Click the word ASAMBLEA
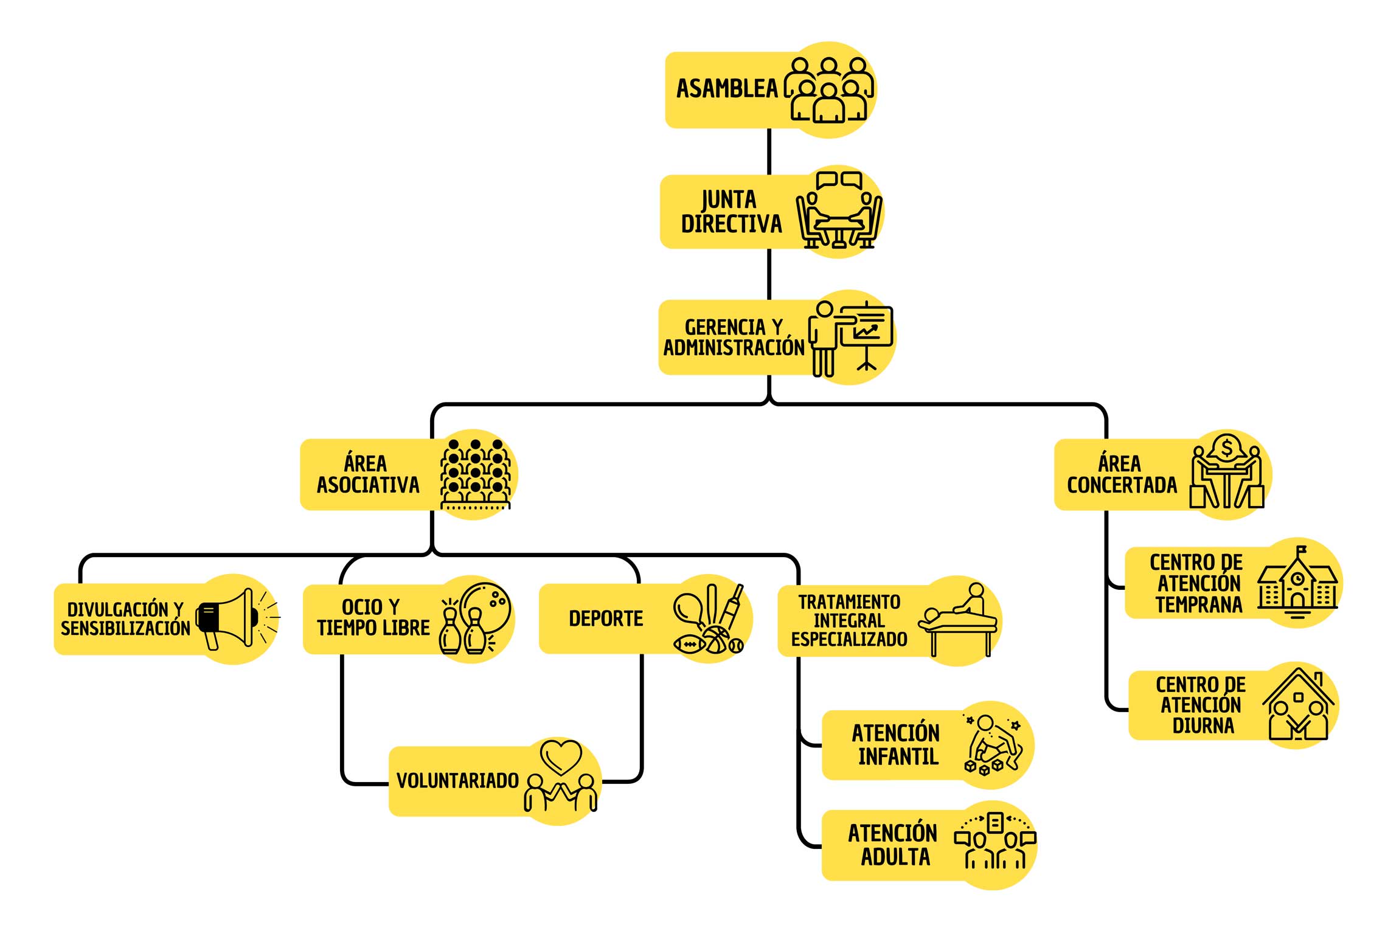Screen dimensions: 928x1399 [x=727, y=89]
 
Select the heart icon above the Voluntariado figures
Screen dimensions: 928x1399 [x=561, y=756]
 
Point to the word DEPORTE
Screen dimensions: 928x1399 [x=606, y=619]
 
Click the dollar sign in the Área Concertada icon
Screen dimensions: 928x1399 [x=1226, y=449]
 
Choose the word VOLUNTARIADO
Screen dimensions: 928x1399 [x=457, y=781]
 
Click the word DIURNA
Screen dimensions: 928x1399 [x=1203, y=725]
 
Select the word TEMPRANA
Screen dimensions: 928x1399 [x=1199, y=605]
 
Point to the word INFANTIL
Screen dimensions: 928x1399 [x=898, y=757]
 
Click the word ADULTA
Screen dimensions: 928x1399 [x=895, y=857]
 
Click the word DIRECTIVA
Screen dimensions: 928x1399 [x=731, y=224]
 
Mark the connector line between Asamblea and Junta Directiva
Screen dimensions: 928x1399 [x=769, y=151]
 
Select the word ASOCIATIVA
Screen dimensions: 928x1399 [x=368, y=485]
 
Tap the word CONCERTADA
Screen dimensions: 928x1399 [x=1122, y=485]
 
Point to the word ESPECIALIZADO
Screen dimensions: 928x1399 [x=849, y=639]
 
